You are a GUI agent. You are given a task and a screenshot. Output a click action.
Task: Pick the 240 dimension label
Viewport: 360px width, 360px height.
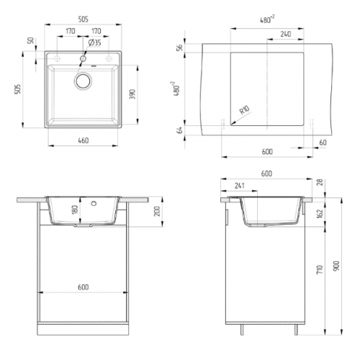(x=285, y=33)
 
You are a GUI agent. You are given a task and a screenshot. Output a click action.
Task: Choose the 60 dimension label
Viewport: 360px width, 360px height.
(x=322, y=142)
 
